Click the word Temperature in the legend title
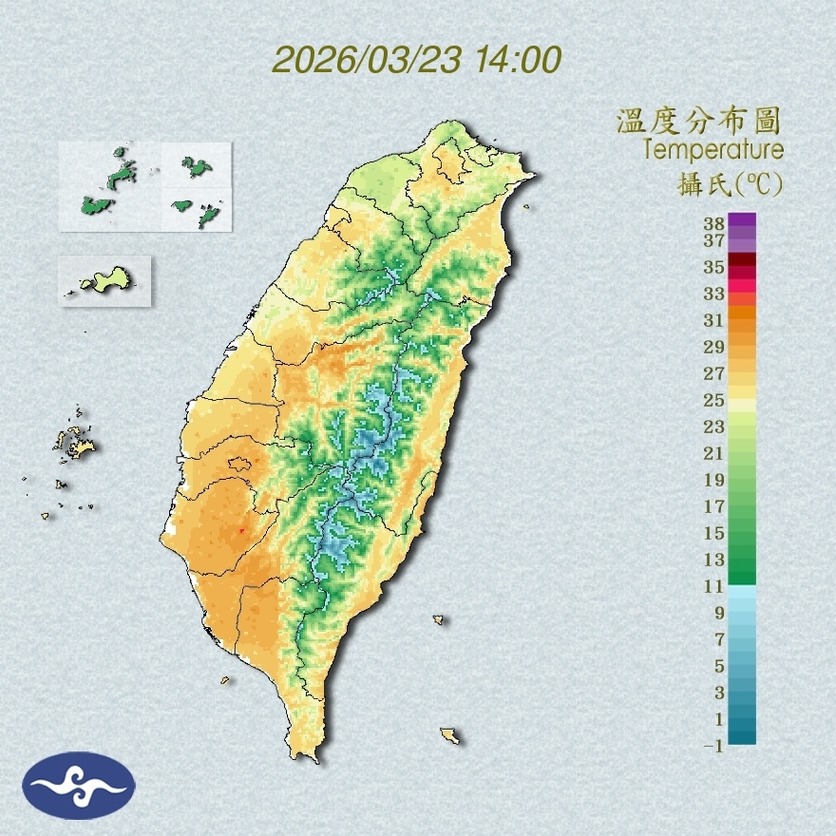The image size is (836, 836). [712, 150]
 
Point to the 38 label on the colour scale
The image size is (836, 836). [714, 224]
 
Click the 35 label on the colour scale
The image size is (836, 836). [714, 267]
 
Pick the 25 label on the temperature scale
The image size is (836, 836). [714, 400]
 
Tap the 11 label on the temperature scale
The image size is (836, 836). [714, 586]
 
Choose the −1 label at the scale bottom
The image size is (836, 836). [713, 747]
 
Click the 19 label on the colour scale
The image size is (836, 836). [714, 480]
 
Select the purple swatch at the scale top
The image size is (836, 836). [742, 219]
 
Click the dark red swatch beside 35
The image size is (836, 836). [742, 260]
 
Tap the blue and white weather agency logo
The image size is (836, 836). [80, 785]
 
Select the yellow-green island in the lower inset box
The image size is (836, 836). [107, 279]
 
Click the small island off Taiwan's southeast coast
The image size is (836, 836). [449, 735]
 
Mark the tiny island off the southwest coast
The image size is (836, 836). [226, 679]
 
